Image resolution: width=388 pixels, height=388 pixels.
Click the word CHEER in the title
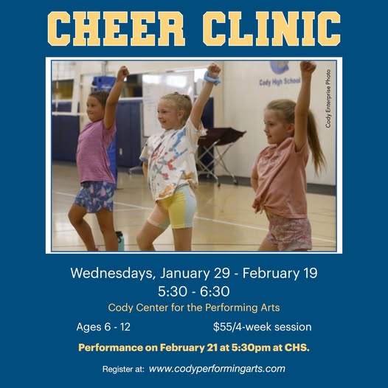point(117,29)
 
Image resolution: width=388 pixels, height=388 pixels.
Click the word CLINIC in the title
point(271,29)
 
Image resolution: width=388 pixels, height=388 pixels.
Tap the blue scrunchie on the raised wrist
point(212,78)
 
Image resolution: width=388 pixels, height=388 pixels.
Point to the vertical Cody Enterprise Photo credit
point(328,99)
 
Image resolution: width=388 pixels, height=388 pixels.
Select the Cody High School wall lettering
point(280,81)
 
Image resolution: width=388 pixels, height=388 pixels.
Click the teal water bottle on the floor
point(120,240)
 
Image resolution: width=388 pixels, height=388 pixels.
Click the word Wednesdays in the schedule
point(113,273)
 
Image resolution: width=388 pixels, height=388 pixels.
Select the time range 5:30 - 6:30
point(194,291)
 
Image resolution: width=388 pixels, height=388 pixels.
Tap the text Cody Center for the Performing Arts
point(194,308)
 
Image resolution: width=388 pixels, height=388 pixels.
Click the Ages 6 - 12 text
point(103,327)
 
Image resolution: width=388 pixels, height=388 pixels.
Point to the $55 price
point(223,327)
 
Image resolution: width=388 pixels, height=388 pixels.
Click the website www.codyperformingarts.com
point(217,369)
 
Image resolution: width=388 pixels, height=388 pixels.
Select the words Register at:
point(123,370)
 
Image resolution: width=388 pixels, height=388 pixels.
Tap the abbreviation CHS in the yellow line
point(297,347)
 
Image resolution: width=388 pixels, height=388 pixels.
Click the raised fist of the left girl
point(122,72)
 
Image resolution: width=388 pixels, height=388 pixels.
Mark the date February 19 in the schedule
point(280,273)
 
